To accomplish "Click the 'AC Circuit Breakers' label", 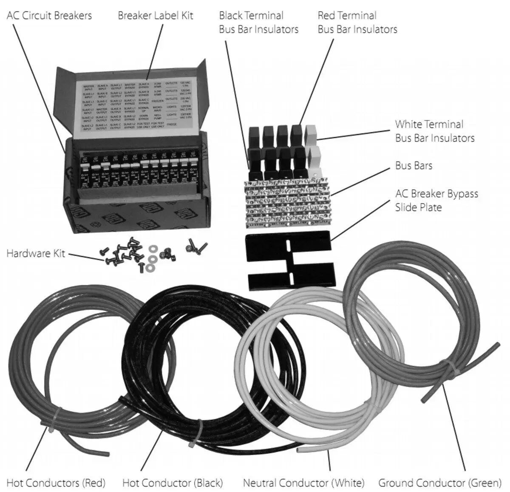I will pyautogui.click(x=49, y=16).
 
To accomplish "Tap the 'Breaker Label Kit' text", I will pyautogui.click(x=156, y=16).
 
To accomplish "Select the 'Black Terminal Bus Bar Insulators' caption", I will pyautogui.click(x=258, y=23).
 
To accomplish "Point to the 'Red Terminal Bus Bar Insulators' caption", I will pyautogui.click(x=357, y=23).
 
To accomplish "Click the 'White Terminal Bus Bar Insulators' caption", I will pyautogui.click(x=434, y=131).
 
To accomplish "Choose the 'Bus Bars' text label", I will pyautogui.click(x=414, y=165).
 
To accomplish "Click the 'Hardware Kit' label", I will pyautogui.click(x=36, y=253).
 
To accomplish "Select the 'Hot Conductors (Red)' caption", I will pyautogui.click(x=56, y=483).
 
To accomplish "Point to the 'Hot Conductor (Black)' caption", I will pyautogui.click(x=172, y=483).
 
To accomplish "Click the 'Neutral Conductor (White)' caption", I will pyautogui.click(x=303, y=483).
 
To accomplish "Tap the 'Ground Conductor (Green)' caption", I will pyautogui.click(x=440, y=483).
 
